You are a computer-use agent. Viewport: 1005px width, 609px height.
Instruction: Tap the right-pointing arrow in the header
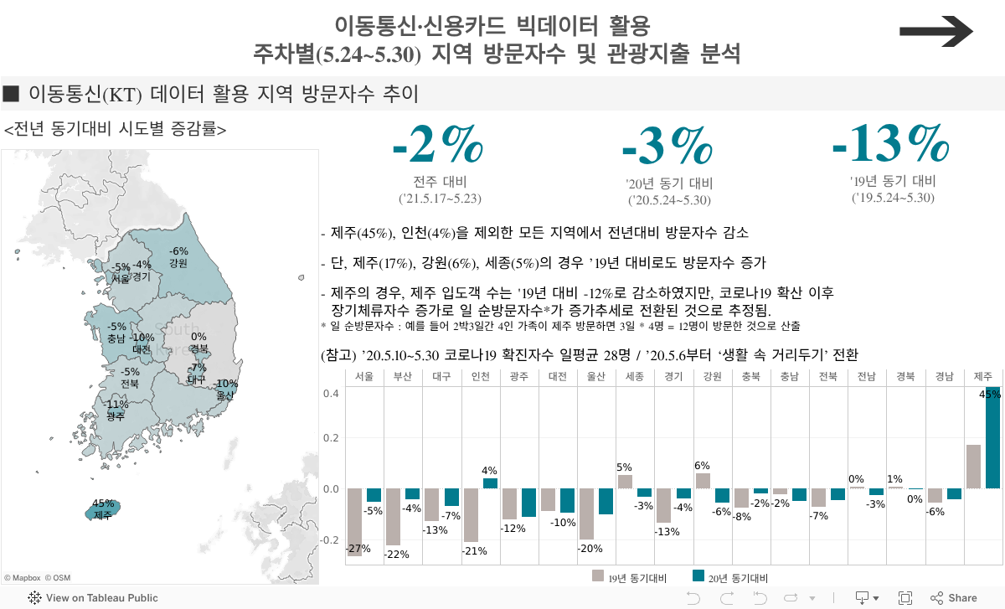click(x=935, y=32)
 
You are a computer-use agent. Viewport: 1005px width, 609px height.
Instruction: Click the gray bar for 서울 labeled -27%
click(x=354, y=522)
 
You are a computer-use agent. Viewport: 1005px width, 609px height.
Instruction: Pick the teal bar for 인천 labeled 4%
click(x=490, y=483)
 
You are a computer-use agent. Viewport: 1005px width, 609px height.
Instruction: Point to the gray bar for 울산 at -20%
click(x=586, y=514)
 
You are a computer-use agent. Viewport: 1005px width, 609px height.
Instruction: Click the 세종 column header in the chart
click(x=635, y=376)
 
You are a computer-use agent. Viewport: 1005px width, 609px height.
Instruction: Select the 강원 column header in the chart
click(x=713, y=376)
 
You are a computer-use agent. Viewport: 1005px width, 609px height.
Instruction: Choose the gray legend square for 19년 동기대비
click(x=597, y=576)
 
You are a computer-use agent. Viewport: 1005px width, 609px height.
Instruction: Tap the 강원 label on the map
click(x=178, y=263)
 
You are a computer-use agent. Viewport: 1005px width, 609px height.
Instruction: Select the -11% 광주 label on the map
click(x=116, y=410)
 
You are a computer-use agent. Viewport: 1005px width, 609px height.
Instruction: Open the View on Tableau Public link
click(x=93, y=598)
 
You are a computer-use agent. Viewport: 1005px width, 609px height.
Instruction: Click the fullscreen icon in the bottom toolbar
click(x=904, y=598)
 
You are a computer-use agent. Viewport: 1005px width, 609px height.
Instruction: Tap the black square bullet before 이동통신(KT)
click(x=11, y=93)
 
